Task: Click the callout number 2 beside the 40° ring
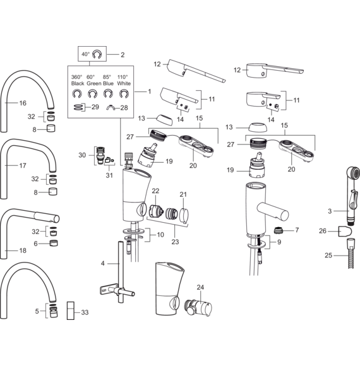[x=123, y=55]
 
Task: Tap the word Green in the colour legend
[x=94, y=83]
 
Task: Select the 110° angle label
[x=123, y=77]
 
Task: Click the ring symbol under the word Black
[x=77, y=94]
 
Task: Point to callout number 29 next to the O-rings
[x=95, y=107]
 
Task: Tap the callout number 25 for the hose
[x=328, y=256]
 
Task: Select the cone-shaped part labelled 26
[x=345, y=231]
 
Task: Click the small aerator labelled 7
[x=278, y=230]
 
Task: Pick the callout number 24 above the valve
[x=200, y=287]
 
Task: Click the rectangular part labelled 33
[x=71, y=310]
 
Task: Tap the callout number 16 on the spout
[x=23, y=103]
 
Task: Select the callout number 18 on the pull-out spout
[x=23, y=251]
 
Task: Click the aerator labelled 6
[x=54, y=243]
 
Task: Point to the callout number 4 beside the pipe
[x=103, y=264]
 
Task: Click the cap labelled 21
[x=184, y=213]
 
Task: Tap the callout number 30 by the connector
[x=82, y=155]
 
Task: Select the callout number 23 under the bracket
[x=175, y=242]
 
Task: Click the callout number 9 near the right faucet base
[x=279, y=242]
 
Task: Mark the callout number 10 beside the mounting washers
[x=160, y=235]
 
